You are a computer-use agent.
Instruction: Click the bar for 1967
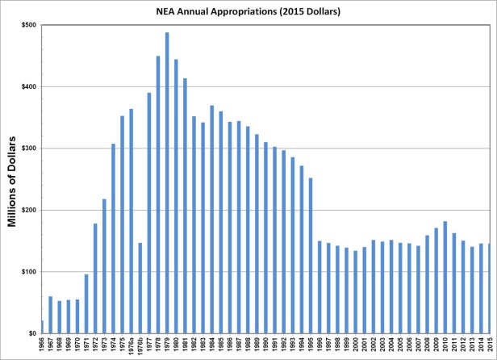50,315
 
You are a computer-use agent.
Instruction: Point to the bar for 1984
212,219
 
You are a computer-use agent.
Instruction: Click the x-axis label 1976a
132,347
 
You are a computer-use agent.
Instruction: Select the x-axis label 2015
490,347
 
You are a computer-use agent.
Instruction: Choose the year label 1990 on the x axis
265,347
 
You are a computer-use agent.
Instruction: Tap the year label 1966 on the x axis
42,347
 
